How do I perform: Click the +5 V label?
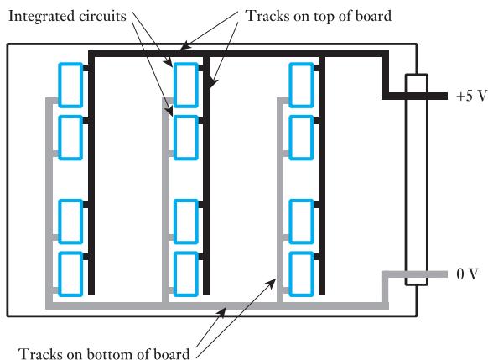coord(471,96)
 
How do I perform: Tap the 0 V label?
coord(467,274)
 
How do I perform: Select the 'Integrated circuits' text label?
coord(67,16)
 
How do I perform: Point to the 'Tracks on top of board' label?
coord(319,16)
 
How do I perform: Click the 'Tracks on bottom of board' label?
coord(104,354)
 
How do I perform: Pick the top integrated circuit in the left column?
coord(70,85)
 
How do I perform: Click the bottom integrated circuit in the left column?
coord(70,274)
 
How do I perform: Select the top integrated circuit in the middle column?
coord(186,85)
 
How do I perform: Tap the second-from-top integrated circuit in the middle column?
coord(186,138)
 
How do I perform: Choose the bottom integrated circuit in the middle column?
coord(186,274)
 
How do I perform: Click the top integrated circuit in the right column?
coord(301,85)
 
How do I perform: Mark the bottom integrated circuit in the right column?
coord(301,274)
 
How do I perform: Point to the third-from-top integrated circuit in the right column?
coord(301,222)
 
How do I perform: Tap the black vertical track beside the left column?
coord(91,175)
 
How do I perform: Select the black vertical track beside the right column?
coord(322,175)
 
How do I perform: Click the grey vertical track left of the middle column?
coord(165,201)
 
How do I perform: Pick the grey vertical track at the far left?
coord(49,202)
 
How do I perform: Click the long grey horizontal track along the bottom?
coord(217,305)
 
